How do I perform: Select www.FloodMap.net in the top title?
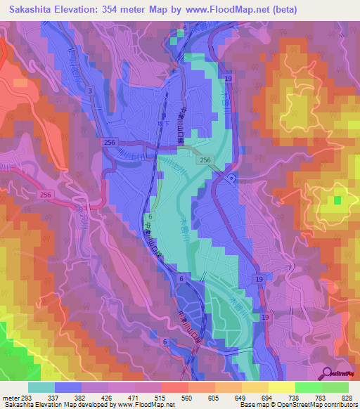[x=217, y=9]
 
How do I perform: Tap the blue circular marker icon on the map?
[x=232, y=178]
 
